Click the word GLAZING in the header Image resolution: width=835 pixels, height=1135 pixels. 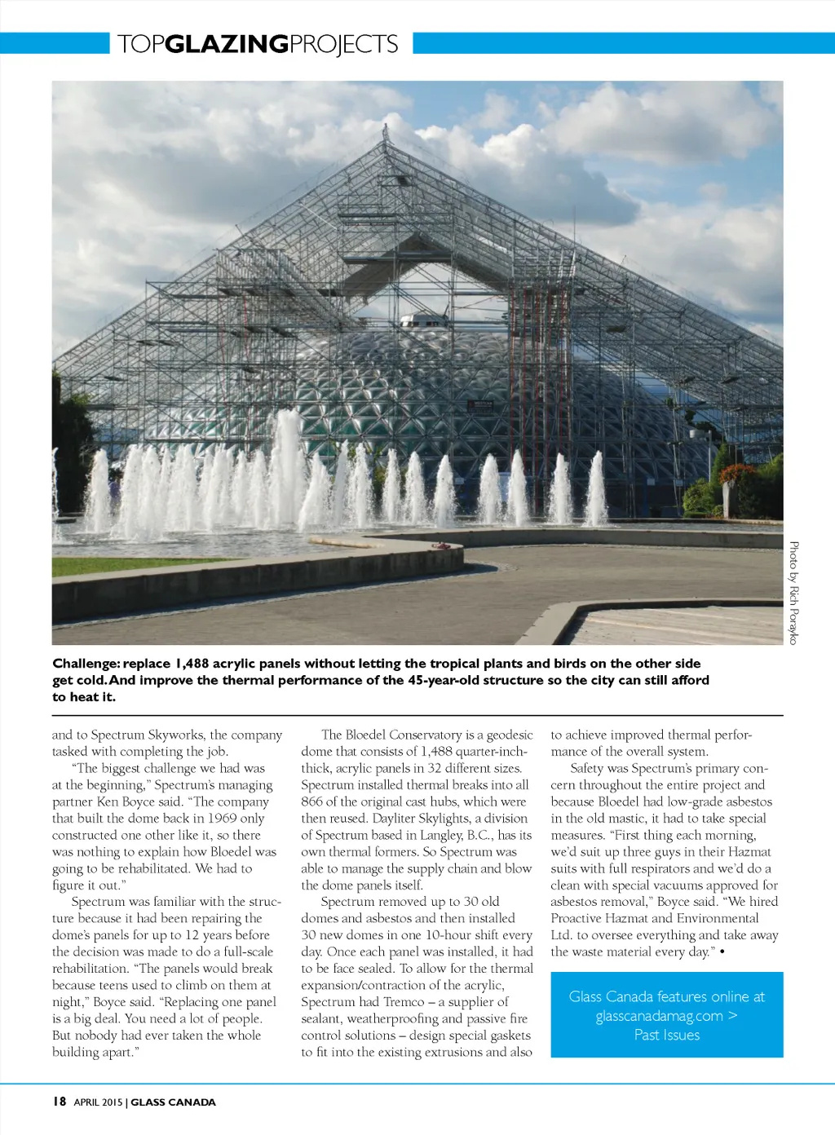coord(227,44)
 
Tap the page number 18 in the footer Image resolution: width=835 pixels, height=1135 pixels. coord(60,1102)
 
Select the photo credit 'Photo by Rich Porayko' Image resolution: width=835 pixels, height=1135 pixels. coord(793,593)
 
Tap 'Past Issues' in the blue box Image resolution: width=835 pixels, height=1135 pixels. coord(667,1036)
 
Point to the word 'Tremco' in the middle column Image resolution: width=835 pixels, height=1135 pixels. coord(404,1002)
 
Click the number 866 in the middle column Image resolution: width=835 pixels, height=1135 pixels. coord(311,802)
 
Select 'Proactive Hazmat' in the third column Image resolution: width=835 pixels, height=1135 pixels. coord(599,918)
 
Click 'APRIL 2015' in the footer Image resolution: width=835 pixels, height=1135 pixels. coord(98,1102)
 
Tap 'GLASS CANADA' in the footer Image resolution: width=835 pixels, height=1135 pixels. coord(174,1102)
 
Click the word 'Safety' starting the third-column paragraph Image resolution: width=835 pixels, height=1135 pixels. coord(587,768)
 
